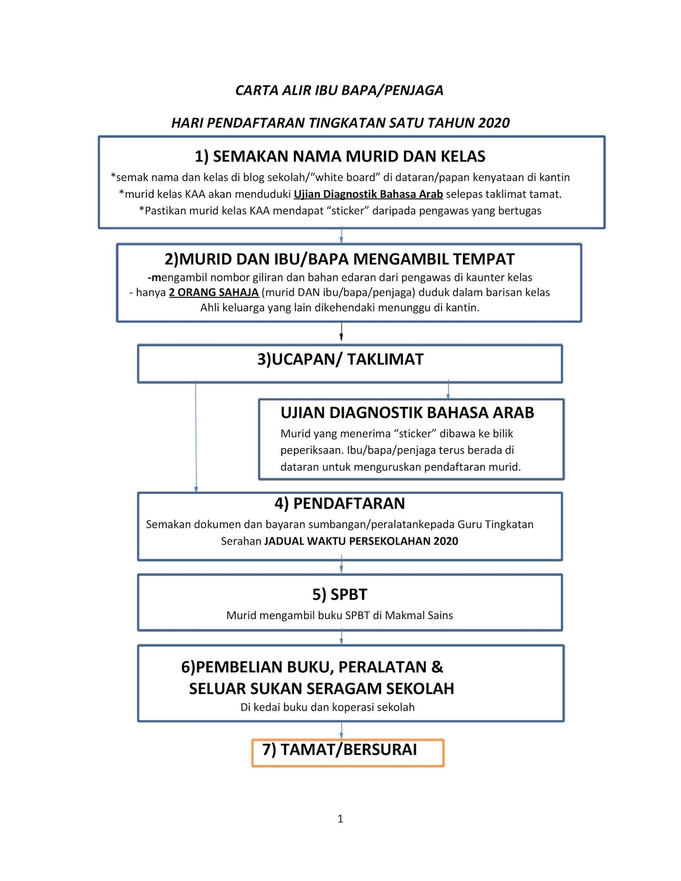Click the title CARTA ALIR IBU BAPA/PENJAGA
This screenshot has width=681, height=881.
[x=339, y=90]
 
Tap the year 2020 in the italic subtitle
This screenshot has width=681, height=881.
[x=494, y=123]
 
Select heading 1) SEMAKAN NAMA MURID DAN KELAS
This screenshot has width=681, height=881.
[x=340, y=156]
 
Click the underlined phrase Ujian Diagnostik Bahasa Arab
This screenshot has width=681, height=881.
[x=368, y=194]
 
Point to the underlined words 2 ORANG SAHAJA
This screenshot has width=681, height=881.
[x=214, y=292]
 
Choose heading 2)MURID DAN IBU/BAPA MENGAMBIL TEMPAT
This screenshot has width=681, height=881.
[x=340, y=259]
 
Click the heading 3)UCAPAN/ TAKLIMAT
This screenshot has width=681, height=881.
[x=340, y=360]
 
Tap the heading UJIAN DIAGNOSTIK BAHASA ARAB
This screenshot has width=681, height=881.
[x=407, y=413]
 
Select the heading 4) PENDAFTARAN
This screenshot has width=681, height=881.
[x=340, y=503]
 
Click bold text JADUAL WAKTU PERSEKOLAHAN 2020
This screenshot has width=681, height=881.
[x=361, y=541]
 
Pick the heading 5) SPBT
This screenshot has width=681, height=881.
[x=340, y=595]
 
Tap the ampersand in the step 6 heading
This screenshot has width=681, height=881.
[x=437, y=667]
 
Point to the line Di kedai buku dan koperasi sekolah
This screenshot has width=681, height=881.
[x=328, y=708]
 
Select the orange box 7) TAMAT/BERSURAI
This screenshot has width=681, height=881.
[x=348, y=752]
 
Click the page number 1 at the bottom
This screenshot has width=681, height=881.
[x=340, y=819]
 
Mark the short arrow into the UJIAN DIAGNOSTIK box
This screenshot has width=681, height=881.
[x=448, y=390]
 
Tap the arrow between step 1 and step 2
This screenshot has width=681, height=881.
[x=341, y=236]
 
